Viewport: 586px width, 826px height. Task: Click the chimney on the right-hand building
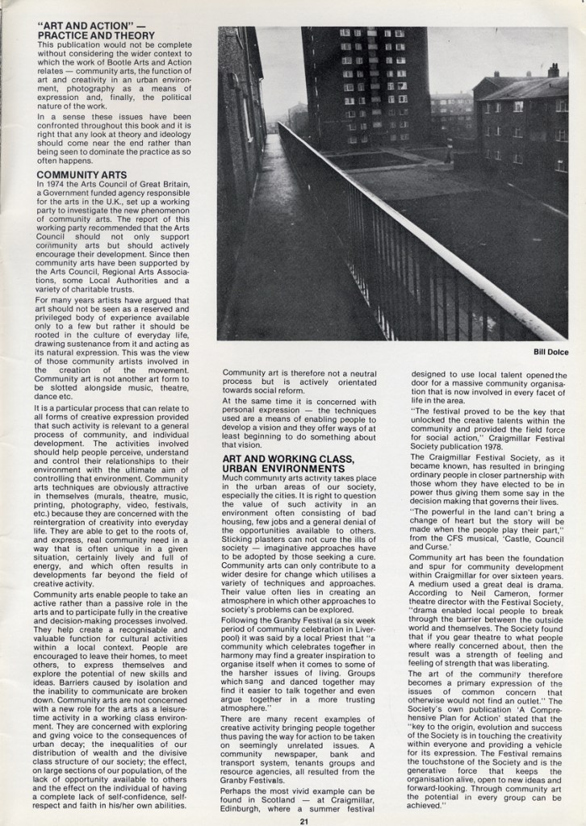pos(553,70)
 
